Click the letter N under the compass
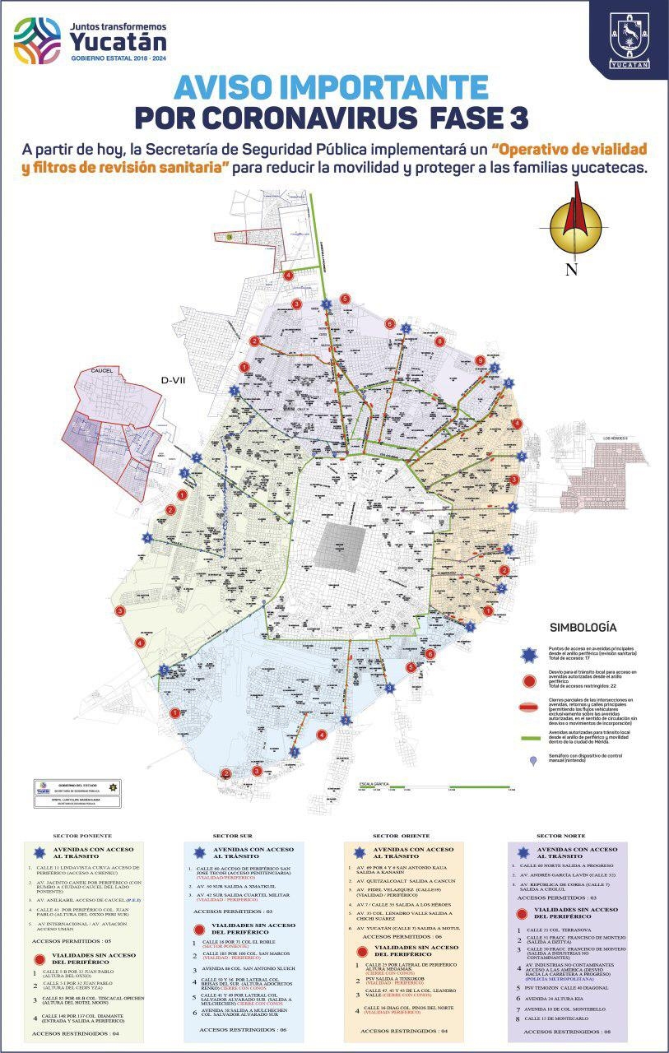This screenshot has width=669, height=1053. [571, 270]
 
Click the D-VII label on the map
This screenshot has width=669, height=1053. [175, 380]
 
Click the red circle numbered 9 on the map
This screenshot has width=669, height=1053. [480, 360]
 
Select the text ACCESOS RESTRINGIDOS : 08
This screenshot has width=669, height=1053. [566, 1031]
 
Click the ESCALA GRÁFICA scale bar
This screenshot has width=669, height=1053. [436, 788]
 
